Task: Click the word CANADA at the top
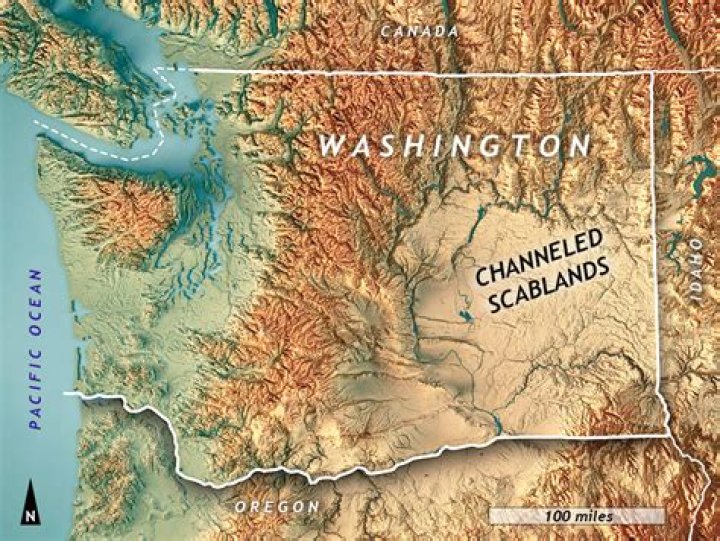pyautogui.click(x=419, y=31)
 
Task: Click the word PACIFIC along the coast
pyautogui.click(x=36, y=390)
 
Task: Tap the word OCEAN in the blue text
pyautogui.click(x=36, y=306)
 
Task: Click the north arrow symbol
pyautogui.click(x=32, y=495)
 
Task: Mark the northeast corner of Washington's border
pyautogui.click(x=652, y=72)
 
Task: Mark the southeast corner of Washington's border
pyautogui.click(x=667, y=435)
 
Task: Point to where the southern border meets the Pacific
pyautogui.click(x=68, y=394)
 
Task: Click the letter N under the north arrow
pyautogui.click(x=32, y=516)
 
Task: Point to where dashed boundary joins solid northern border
pyautogui.click(x=158, y=71)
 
